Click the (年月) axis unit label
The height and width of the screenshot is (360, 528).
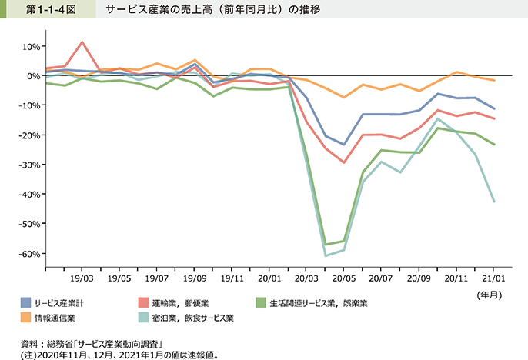pyautogui.click(x=490, y=294)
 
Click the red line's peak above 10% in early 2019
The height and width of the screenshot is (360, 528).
pyautogui.click(x=83, y=42)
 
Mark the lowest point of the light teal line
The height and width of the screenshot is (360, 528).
pyautogui.click(x=326, y=255)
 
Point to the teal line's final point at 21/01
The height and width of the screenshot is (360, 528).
pyautogui.click(x=494, y=202)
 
